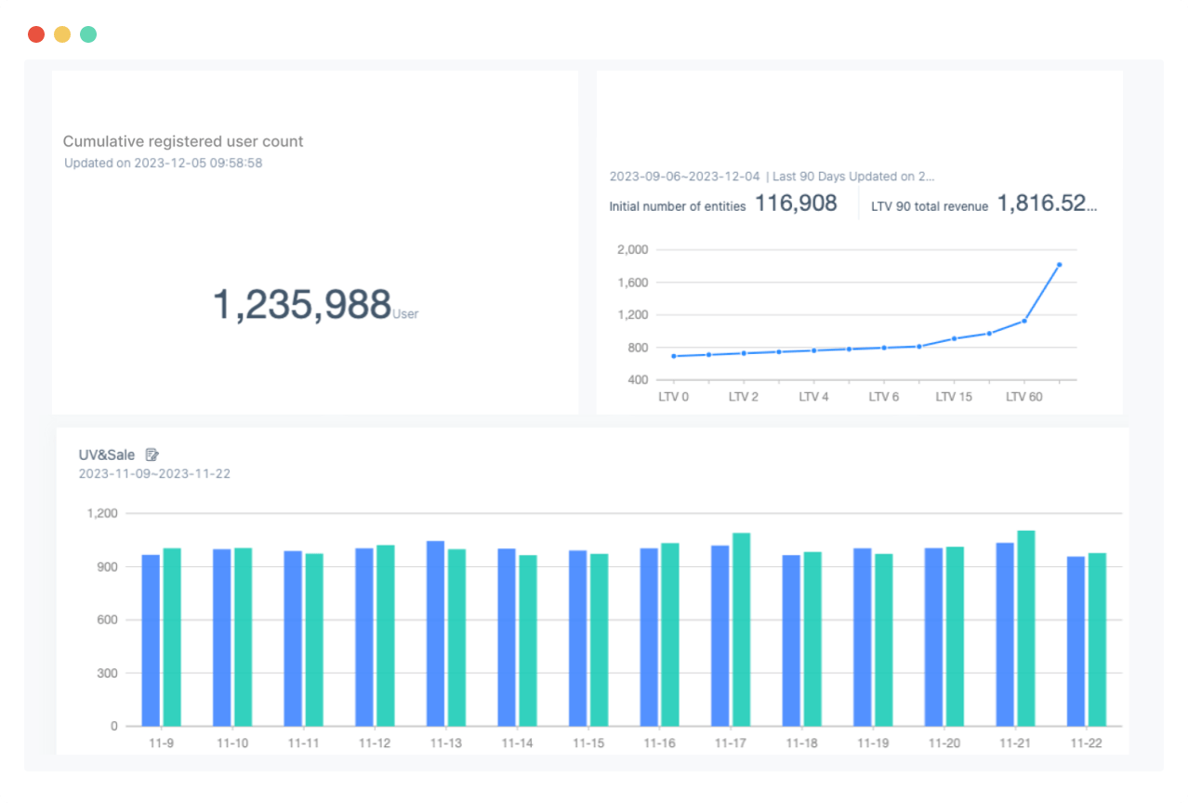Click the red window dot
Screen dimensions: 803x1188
36,34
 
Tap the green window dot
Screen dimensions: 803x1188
88,34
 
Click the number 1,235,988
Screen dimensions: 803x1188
302,305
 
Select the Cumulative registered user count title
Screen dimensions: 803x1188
183,141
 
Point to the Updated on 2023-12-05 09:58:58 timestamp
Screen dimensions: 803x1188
163,163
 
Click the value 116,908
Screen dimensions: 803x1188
796,204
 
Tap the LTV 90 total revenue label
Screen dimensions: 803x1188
930,206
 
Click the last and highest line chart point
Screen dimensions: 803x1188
1059,265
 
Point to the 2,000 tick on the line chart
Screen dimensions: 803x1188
632,249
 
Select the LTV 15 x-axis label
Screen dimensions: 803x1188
954,397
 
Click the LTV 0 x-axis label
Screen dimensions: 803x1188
673,397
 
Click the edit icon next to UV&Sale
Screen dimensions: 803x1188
152,454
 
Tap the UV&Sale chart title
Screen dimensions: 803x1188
107,454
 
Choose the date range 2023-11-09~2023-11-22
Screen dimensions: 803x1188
154,474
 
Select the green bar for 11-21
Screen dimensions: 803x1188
1026,628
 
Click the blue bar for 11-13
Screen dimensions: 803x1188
435,633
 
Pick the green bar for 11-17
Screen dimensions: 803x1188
741,629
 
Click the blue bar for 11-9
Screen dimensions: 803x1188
151,640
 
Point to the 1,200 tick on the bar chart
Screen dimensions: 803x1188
102,513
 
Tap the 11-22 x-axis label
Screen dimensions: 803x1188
1086,744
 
